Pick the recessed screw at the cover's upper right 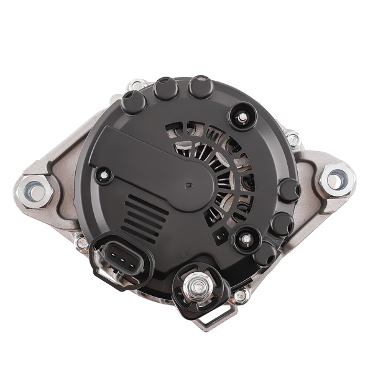click(x=241, y=115)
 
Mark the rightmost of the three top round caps click(x=200, y=88)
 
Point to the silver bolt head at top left click(x=136, y=85)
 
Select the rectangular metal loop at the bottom click(x=210, y=319)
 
